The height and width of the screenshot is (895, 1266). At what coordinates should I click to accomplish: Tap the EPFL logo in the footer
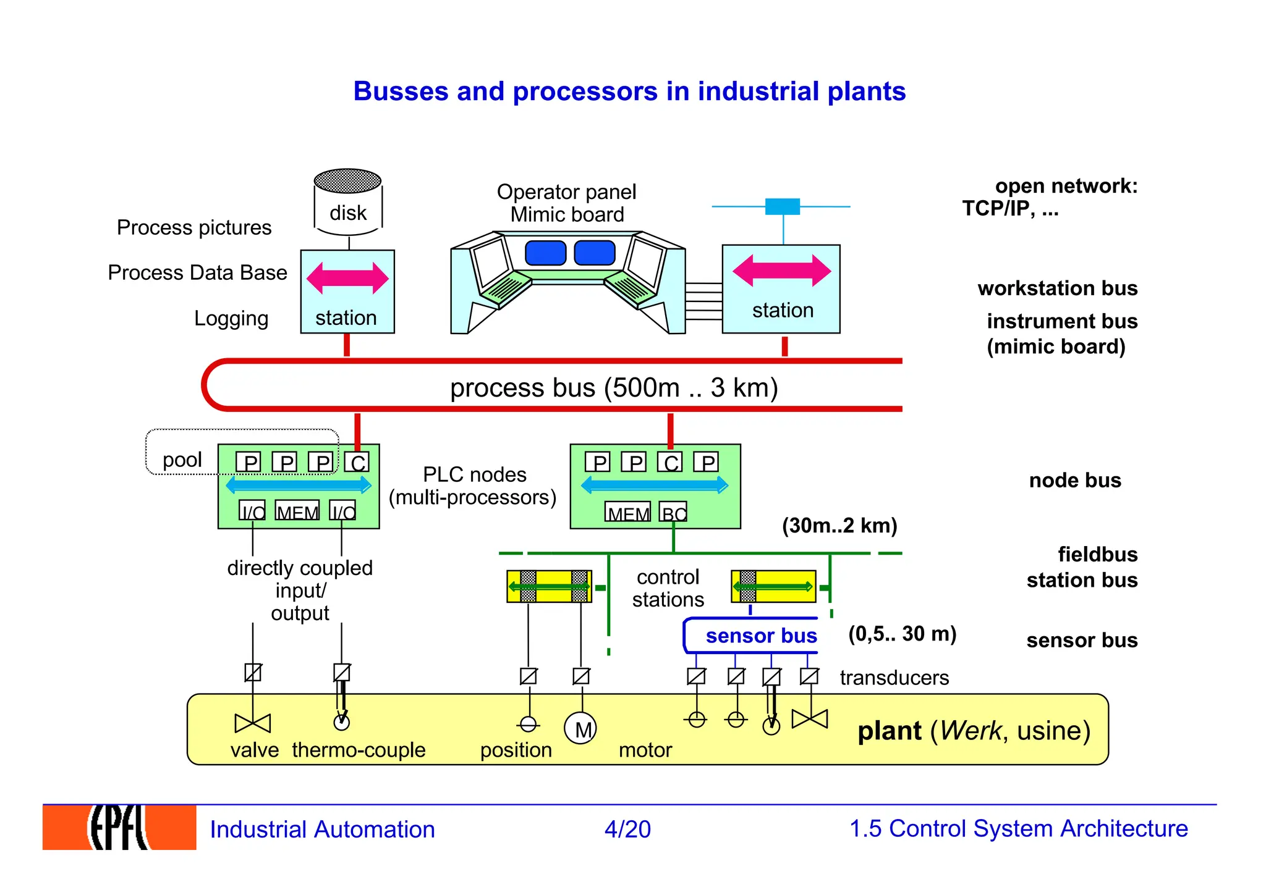(119, 827)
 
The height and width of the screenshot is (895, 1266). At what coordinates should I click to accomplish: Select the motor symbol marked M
(580, 729)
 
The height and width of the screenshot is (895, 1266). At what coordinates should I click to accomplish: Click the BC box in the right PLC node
(673, 513)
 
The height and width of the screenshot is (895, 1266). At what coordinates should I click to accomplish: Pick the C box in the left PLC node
(357, 463)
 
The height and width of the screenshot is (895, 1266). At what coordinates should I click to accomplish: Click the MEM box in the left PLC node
(297, 511)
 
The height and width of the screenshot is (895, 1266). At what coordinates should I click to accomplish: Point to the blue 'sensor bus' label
(761, 636)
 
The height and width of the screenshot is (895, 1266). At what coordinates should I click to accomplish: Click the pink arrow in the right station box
(782, 271)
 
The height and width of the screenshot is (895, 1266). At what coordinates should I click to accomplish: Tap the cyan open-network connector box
(783, 206)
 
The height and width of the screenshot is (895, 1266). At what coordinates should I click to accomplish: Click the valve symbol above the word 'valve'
(253, 723)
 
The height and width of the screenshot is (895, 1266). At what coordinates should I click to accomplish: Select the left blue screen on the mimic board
(545, 253)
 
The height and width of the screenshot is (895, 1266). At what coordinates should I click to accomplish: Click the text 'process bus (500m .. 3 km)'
(613, 388)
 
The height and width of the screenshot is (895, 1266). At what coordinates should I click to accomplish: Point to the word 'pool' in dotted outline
(182, 460)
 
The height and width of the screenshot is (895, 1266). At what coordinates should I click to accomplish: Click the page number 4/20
(627, 829)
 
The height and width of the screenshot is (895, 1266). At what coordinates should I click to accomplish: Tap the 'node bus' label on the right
(1074, 481)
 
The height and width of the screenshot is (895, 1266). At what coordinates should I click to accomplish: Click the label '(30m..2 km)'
(839, 526)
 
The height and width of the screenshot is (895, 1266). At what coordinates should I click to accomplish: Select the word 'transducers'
(894, 678)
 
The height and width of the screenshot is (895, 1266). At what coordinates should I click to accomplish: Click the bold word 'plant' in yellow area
(889, 731)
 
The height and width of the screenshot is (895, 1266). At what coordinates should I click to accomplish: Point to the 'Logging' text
(231, 319)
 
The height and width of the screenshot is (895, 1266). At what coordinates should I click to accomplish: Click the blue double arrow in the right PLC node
(655, 485)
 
